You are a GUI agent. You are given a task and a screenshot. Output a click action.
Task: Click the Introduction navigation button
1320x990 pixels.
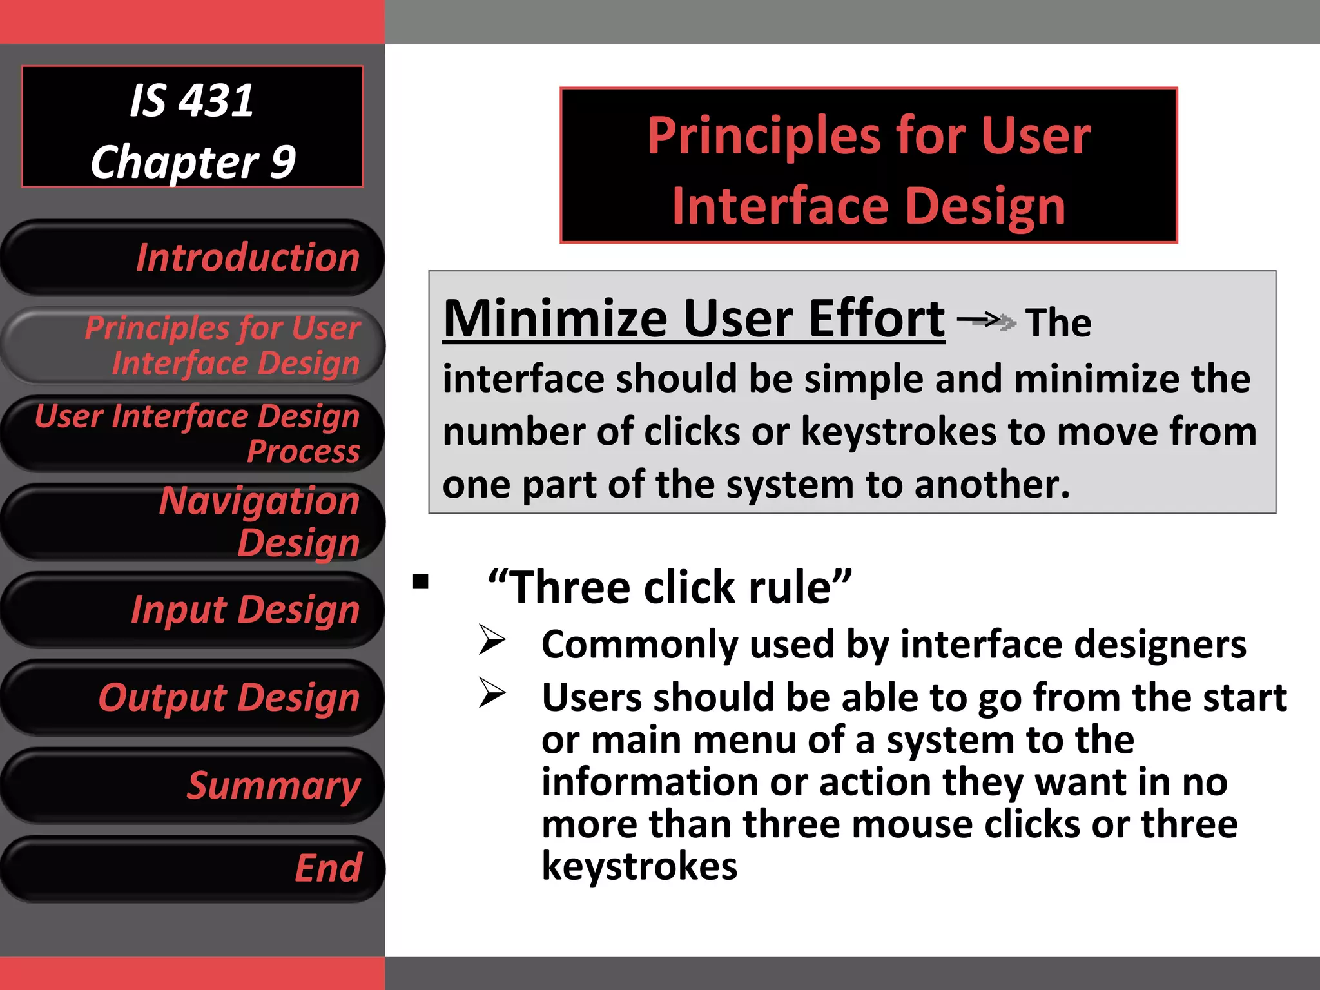(193, 258)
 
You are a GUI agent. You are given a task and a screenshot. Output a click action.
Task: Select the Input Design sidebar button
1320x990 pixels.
(193, 610)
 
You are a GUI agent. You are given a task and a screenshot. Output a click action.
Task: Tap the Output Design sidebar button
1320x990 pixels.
(193, 697)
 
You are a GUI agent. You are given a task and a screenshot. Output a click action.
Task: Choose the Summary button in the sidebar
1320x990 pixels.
(193, 785)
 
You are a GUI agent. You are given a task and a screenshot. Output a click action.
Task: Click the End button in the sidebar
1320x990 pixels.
(193, 868)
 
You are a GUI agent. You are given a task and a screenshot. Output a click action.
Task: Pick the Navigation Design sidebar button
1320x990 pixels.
(193, 521)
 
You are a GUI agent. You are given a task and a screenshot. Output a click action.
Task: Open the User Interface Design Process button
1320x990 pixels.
(193, 433)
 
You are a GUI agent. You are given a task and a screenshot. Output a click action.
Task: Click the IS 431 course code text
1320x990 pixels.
(191, 101)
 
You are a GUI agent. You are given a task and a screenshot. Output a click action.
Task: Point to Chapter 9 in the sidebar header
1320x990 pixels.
(193, 161)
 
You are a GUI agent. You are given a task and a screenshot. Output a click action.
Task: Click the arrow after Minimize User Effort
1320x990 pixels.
(986, 320)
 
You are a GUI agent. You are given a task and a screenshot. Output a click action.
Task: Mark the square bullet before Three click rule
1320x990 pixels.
(421, 582)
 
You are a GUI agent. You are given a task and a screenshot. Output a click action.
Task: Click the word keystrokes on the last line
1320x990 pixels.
(639, 866)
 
